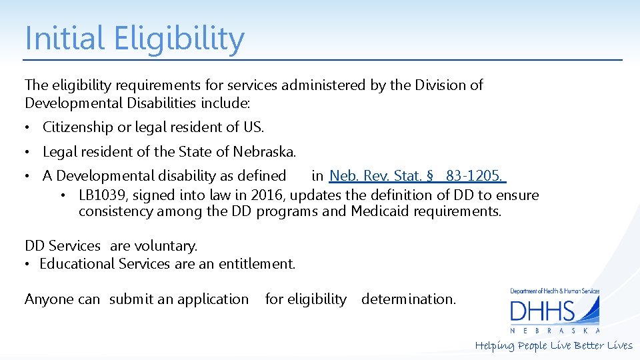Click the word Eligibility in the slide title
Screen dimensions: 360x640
tap(179, 39)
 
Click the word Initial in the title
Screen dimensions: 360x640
tap(65, 39)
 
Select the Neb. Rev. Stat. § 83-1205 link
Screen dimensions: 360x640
tap(417, 176)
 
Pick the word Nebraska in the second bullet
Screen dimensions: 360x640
tap(264, 151)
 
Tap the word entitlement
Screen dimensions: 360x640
tap(255, 263)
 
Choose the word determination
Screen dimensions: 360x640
tap(409, 299)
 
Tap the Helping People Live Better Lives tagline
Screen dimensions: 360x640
tap(553, 345)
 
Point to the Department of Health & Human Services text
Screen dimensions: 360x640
tap(555, 291)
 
